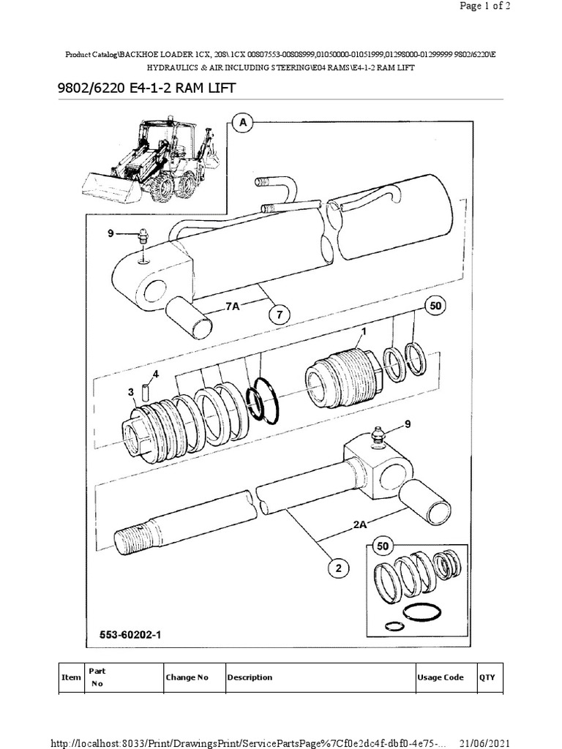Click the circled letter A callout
243,123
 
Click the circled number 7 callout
280,315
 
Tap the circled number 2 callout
339,568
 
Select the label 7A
233,306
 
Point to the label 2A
360,524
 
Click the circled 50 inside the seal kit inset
383,546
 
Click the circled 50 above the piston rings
435,305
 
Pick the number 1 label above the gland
364,331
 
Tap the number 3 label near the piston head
131,392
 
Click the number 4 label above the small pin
156,374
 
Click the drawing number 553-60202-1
130,635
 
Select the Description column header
250,677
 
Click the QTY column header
487,677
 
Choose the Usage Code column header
440,677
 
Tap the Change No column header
187,677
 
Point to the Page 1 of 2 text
484,6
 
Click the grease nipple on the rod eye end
378,437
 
